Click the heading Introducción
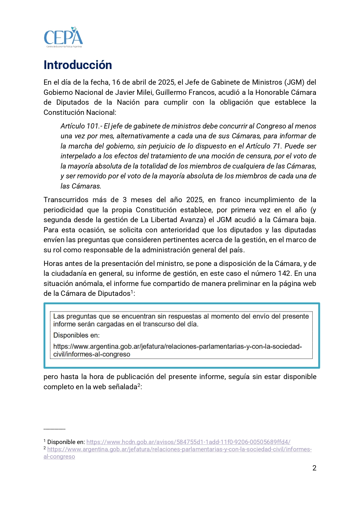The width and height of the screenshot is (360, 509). pyautogui.click(x=78, y=65)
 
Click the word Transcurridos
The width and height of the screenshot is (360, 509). pyautogui.click(x=66, y=200)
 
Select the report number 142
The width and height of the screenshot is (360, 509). pyautogui.click(x=284, y=273)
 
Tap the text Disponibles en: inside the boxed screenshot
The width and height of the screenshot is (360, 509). pyautogui.click(x=76, y=335)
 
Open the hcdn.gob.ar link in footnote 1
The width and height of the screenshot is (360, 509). pyautogui.click(x=188, y=442)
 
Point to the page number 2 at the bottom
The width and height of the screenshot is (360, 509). pyautogui.click(x=314, y=468)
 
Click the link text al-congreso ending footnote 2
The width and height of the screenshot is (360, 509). pyautogui.click(x=59, y=457)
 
